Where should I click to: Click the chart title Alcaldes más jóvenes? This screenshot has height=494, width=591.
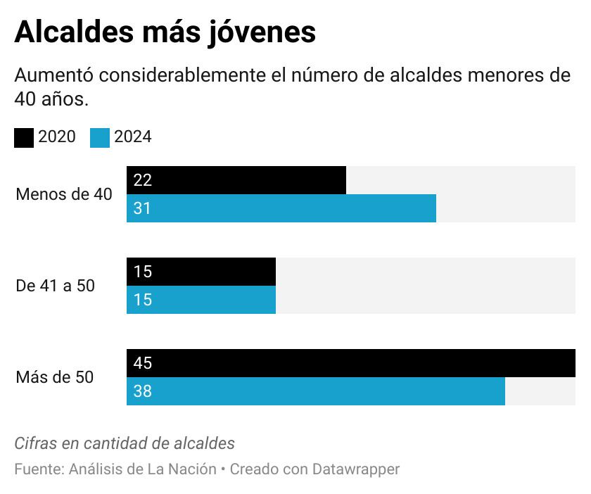pyautogui.click(x=165, y=32)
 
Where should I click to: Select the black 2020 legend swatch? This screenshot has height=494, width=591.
pyautogui.click(x=24, y=137)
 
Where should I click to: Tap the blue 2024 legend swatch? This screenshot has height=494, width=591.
pyautogui.click(x=100, y=137)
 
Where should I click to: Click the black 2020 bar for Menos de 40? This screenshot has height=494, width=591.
pyautogui.click(x=236, y=180)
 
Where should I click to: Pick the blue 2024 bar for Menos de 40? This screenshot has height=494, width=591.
pyautogui.click(x=281, y=208)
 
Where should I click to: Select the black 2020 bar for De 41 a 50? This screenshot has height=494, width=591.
pyautogui.click(x=201, y=272)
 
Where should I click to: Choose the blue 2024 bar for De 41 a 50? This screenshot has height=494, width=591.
pyautogui.click(x=201, y=300)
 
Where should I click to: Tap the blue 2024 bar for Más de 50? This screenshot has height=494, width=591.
pyautogui.click(x=316, y=391)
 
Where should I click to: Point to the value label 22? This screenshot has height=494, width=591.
pyautogui.click(x=142, y=180)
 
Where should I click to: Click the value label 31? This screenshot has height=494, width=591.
pyautogui.click(x=142, y=208)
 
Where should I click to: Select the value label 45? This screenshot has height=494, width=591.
pyautogui.click(x=142, y=363)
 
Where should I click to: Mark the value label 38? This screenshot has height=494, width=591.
pyautogui.click(x=142, y=391)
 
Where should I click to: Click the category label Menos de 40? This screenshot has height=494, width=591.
pyautogui.click(x=63, y=194)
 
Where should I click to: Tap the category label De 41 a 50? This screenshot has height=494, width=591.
pyautogui.click(x=55, y=286)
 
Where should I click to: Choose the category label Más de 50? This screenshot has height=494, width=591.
pyautogui.click(x=54, y=377)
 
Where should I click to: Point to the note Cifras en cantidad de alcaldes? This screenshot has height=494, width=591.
pyautogui.click(x=125, y=443)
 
